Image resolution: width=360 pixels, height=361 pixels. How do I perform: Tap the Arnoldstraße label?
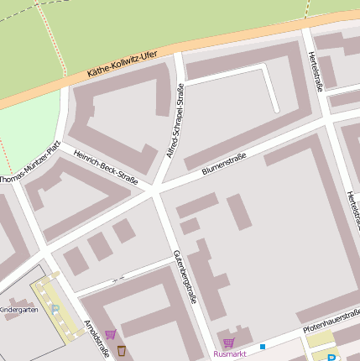click(x=97, y=338)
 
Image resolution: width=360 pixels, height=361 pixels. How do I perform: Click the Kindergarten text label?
click(x=18, y=310)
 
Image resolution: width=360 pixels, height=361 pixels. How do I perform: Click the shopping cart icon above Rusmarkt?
click(x=228, y=343)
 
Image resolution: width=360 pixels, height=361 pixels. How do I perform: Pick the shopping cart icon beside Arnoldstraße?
click(x=110, y=334)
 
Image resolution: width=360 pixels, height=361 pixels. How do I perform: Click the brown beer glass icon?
click(x=122, y=349)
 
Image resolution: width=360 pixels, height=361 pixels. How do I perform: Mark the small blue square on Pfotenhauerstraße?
click(x=263, y=346)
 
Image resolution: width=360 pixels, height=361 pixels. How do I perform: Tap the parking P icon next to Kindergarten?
click(x=55, y=310)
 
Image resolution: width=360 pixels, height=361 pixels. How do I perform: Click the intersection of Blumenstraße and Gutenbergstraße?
click(x=155, y=192)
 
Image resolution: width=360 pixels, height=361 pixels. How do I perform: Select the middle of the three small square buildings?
click(x=100, y=246)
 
